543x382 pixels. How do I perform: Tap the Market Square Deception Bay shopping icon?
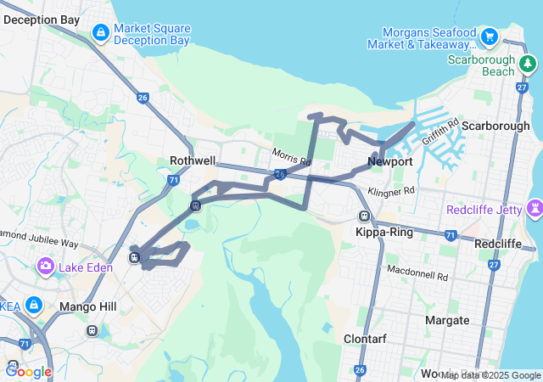[100, 33]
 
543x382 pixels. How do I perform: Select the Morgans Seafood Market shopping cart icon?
[489, 37]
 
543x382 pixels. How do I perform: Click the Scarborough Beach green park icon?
[529, 63]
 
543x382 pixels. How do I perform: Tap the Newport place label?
[390, 161]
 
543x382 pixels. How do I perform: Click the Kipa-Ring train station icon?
[364, 216]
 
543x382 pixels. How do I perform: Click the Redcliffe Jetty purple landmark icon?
[535, 207]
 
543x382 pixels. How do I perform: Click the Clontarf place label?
[366, 339]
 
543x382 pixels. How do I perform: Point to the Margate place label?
[447, 320]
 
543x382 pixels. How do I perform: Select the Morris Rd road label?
[292, 158]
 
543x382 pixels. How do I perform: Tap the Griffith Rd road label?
[440, 132]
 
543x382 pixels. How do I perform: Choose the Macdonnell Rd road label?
[416, 274]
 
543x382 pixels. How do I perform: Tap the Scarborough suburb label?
[495, 126]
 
